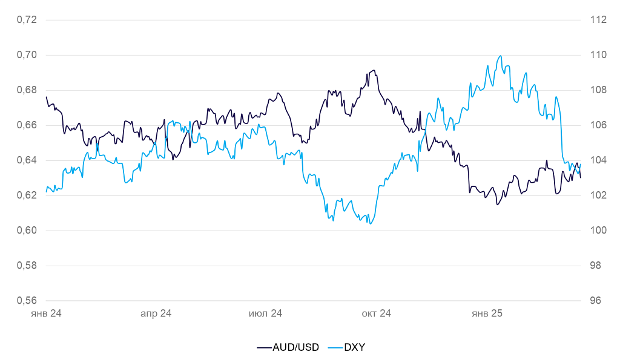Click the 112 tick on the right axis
598,20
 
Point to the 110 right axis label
598,55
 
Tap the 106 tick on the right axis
598,125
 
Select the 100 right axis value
598,231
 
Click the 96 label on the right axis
596,301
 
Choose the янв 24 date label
47,314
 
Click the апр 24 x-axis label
156,314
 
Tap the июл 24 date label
266,314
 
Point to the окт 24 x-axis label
377,314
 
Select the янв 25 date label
487,314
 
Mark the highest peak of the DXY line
501,56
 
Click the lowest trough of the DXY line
369,224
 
